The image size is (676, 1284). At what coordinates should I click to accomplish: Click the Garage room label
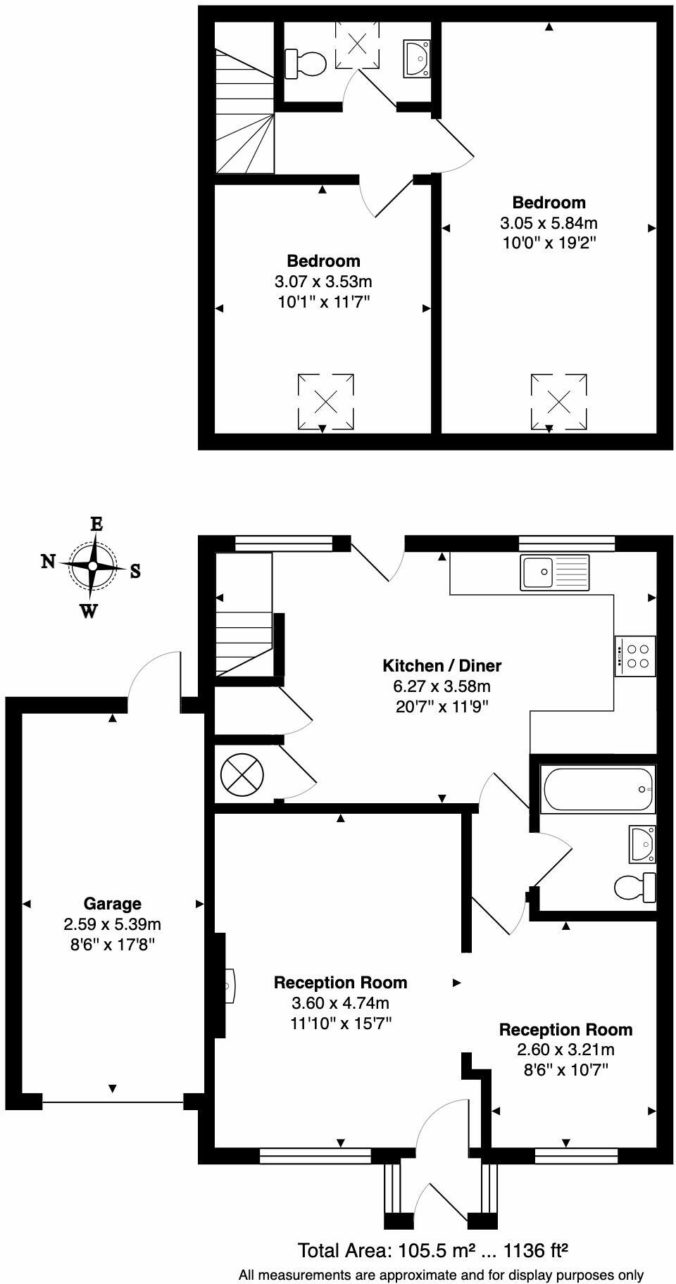tap(112, 903)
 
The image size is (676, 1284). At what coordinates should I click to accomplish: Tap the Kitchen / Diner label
tap(442, 665)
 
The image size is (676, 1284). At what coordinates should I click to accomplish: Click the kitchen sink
tap(555, 572)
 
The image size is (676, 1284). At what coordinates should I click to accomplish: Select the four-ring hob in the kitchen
tap(635, 656)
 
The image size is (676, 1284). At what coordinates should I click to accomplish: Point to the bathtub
tap(596, 789)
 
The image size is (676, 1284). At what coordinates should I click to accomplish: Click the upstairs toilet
tap(306, 64)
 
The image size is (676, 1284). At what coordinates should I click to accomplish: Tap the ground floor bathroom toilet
tap(634, 887)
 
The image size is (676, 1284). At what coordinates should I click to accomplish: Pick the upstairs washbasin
tap(417, 58)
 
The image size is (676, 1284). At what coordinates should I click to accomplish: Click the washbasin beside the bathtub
tap(643, 843)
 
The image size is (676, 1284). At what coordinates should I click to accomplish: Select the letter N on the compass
tap(48, 561)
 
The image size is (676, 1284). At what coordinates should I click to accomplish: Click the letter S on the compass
tap(135, 572)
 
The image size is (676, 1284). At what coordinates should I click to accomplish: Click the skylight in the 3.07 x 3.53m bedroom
tap(325, 402)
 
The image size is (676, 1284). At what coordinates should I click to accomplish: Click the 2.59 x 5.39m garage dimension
tap(112, 924)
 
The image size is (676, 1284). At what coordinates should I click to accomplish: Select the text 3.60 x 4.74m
tap(340, 1002)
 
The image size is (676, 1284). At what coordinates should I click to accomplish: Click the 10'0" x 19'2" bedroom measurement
tap(549, 243)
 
